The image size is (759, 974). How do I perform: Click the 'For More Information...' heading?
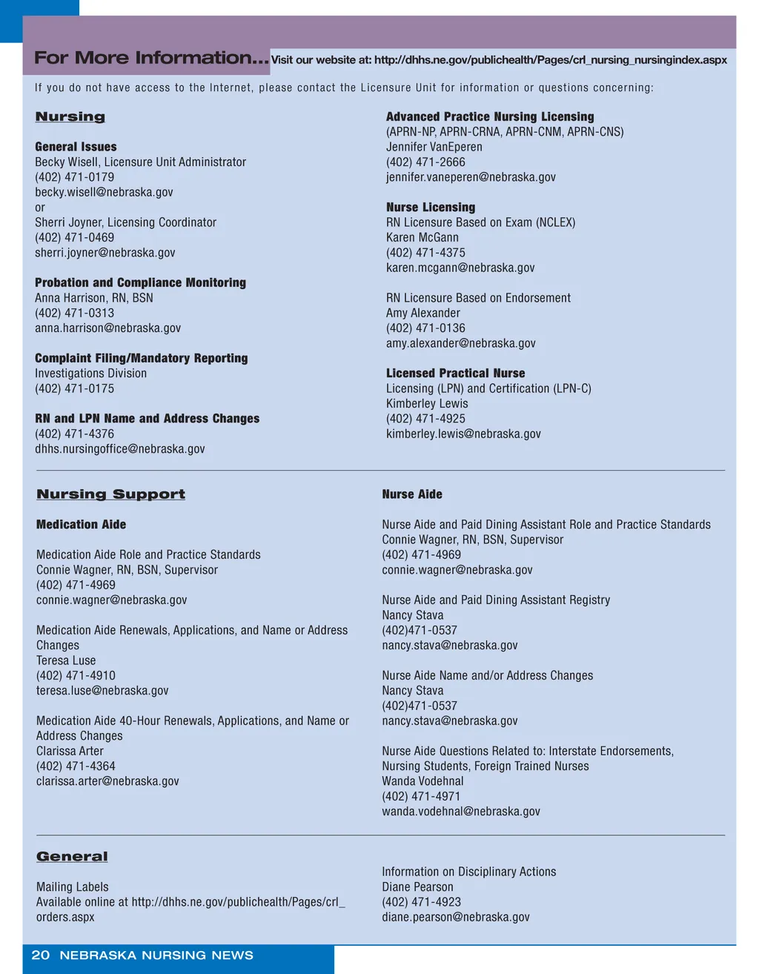pos(151,58)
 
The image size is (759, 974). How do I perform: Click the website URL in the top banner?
pos(499,60)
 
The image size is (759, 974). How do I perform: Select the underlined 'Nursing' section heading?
pos(70,117)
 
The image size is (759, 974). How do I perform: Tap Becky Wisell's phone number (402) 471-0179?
pos(75,177)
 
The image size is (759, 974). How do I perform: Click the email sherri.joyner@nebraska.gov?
pos(105,253)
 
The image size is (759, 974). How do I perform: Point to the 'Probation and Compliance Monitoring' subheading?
pos(140,282)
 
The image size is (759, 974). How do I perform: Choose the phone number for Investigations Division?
pos(75,388)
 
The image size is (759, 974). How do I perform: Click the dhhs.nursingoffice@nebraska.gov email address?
pos(120,449)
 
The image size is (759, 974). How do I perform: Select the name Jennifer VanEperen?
pos(434,147)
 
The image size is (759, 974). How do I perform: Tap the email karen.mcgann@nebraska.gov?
pos(460,268)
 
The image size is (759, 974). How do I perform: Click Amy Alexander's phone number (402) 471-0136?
pos(426,328)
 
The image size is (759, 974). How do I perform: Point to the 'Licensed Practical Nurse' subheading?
pos(455,374)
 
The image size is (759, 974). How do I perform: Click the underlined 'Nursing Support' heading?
pos(111,494)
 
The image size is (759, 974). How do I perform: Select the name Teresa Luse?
pos(66,660)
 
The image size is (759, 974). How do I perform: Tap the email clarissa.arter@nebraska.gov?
pos(107,781)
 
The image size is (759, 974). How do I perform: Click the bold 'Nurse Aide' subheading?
pos(412,494)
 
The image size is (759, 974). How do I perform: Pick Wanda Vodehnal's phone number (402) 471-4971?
pos(421,796)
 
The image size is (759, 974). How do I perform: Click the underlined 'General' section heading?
pos(72,857)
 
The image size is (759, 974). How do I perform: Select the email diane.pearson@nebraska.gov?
pos(456,917)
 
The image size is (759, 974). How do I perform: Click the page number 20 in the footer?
pos(41,955)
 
